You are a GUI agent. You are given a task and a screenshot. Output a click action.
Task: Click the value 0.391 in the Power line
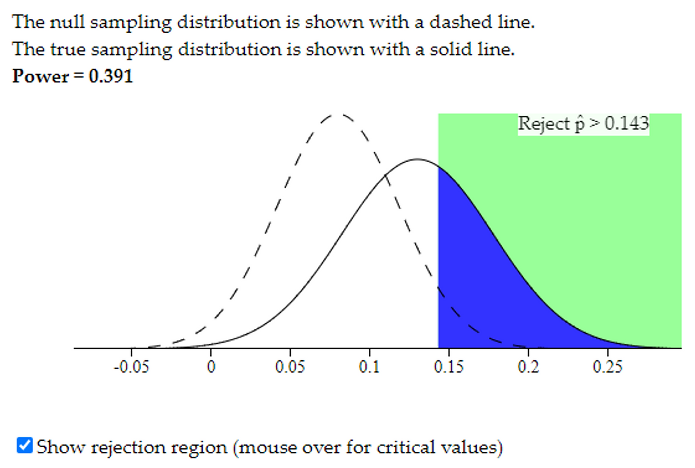pyautogui.click(x=111, y=76)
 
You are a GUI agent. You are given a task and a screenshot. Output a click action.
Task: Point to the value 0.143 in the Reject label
pyautogui.click(x=627, y=124)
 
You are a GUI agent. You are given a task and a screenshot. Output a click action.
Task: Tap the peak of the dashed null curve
pyautogui.click(x=337, y=114)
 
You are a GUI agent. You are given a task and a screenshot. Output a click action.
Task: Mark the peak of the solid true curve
pyautogui.click(x=417, y=159)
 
